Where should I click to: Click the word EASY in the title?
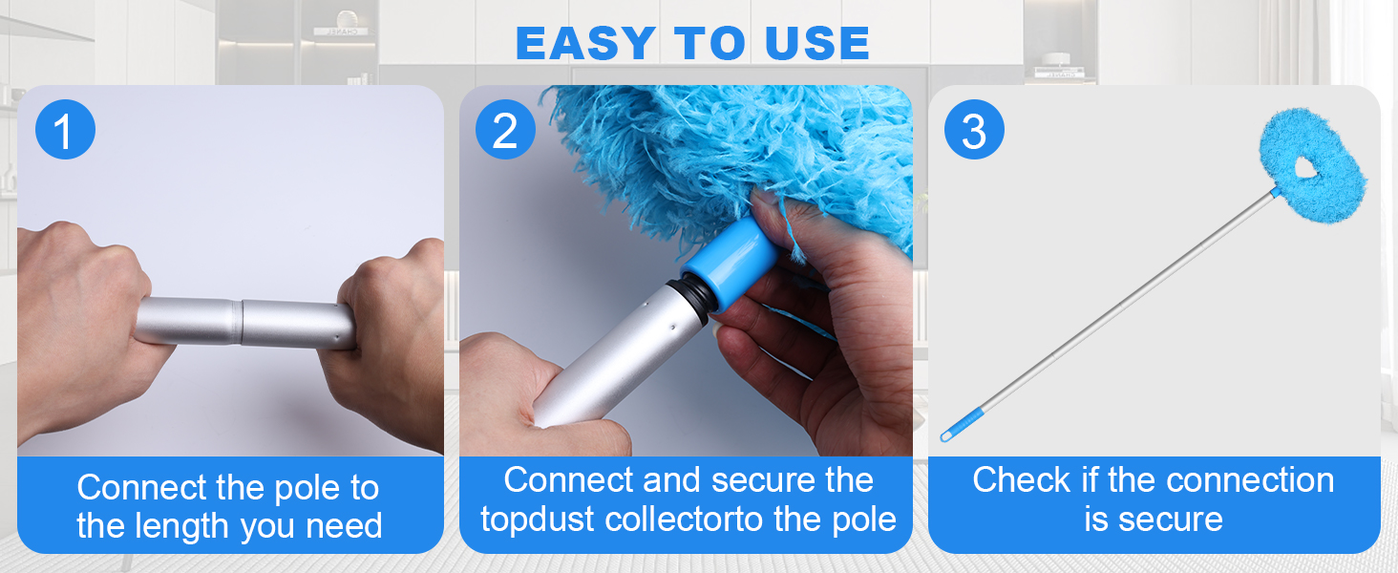click(x=585, y=43)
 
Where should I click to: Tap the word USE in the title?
click(x=817, y=43)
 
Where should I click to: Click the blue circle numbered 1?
click(x=65, y=129)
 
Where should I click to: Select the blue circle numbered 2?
click(x=505, y=129)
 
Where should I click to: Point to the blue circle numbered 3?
click(x=974, y=129)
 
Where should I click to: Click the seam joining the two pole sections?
click(x=241, y=322)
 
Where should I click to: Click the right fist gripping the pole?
click(x=387, y=337)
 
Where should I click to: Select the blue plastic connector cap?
click(x=731, y=263)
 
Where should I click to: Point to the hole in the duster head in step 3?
click(x=1303, y=167)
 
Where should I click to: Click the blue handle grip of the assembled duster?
click(x=962, y=424)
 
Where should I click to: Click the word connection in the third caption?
click(x=1249, y=480)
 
